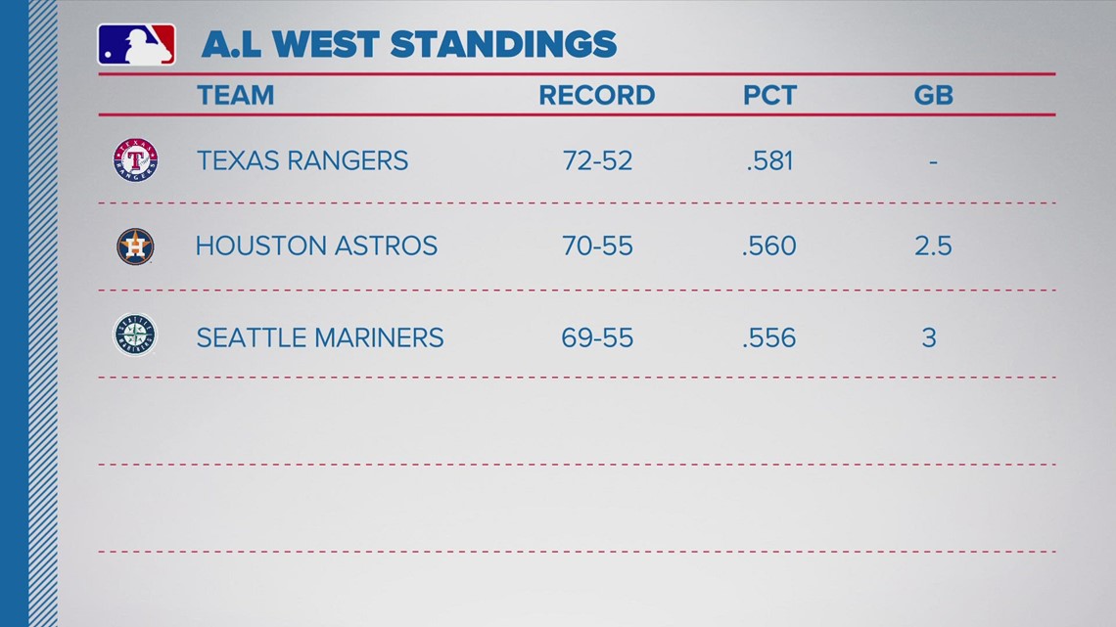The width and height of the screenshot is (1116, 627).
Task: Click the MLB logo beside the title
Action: (x=137, y=45)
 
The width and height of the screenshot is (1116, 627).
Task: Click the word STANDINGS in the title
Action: (x=503, y=45)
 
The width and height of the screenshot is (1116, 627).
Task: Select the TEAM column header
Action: (x=236, y=95)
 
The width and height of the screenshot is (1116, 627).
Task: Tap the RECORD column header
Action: (x=596, y=95)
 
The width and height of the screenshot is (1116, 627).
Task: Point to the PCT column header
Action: (x=769, y=95)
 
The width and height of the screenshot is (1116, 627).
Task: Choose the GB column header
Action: (x=933, y=95)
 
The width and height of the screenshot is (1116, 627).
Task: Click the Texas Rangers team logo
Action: (x=135, y=160)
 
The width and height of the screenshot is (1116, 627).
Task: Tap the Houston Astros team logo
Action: (x=135, y=246)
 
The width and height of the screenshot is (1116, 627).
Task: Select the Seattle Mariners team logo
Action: (x=135, y=335)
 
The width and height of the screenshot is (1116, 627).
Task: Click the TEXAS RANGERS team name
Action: (x=302, y=160)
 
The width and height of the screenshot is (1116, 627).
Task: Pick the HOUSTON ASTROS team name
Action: (x=317, y=246)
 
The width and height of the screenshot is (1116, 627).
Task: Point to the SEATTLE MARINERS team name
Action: (x=320, y=337)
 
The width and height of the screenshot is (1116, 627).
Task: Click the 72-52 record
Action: (x=597, y=160)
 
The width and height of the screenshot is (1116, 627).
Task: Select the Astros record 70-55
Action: (x=597, y=246)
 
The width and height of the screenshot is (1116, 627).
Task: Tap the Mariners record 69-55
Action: (x=597, y=337)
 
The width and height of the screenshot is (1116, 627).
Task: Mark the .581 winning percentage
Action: (x=769, y=160)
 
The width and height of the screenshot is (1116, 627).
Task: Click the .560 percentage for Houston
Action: (x=768, y=246)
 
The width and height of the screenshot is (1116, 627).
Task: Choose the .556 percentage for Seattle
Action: (x=768, y=337)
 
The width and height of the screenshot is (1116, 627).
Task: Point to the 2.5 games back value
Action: (x=933, y=246)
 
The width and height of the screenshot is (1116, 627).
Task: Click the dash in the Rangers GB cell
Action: (x=933, y=162)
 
